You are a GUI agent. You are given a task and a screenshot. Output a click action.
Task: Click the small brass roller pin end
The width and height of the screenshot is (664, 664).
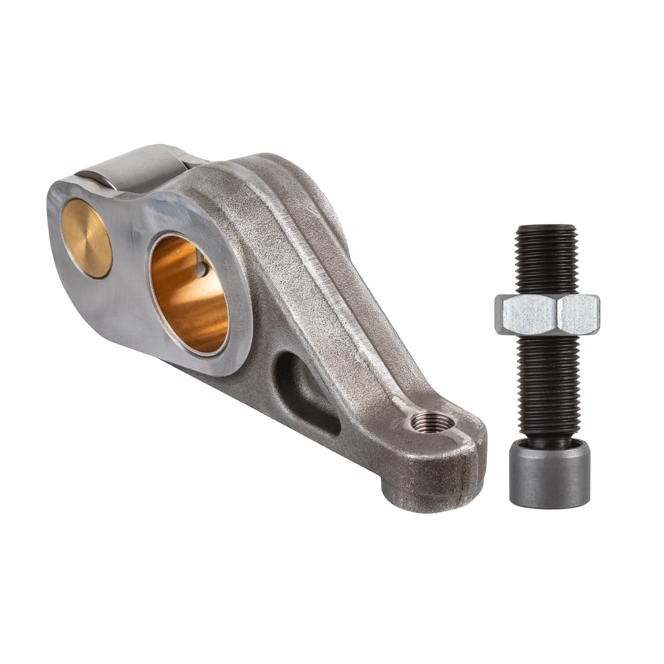click(87, 239)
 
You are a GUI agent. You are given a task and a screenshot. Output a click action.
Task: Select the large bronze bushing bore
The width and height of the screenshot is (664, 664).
click(189, 295)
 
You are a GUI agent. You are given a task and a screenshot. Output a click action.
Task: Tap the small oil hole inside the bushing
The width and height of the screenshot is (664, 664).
click(200, 269)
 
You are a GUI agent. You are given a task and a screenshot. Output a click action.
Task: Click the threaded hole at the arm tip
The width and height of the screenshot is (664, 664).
click(433, 422)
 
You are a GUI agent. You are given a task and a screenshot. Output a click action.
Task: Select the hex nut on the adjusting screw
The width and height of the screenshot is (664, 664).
click(547, 314)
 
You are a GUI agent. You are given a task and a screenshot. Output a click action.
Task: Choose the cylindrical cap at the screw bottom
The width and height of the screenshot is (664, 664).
click(549, 476)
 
